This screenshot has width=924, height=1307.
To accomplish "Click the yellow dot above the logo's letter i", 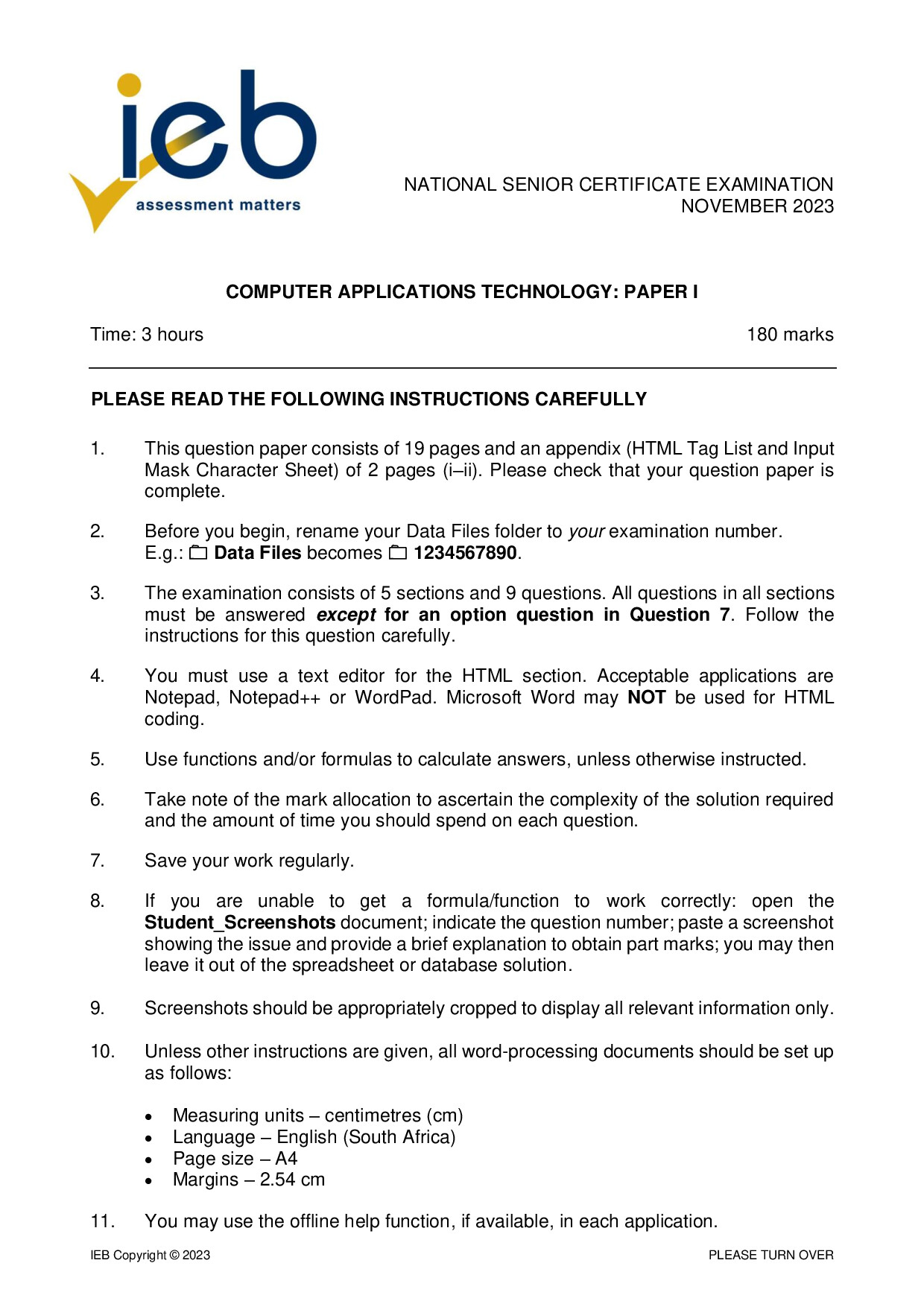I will click(x=129, y=84).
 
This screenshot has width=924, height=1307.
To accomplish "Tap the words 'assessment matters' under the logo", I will click(x=218, y=205).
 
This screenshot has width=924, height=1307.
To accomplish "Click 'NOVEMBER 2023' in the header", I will click(x=757, y=206).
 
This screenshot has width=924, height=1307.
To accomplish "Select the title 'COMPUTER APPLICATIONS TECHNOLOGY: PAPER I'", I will click(x=462, y=292).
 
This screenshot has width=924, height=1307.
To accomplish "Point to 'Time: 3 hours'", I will click(x=147, y=335).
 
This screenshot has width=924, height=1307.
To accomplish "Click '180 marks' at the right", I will click(x=790, y=335).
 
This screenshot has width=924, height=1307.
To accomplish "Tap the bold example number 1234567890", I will click(x=465, y=553).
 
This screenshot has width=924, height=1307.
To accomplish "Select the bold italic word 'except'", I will click(x=346, y=615).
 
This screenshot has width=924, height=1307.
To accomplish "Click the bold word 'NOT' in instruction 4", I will click(x=646, y=697).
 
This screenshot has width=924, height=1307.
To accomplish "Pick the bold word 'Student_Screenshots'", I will click(x=240, y=923).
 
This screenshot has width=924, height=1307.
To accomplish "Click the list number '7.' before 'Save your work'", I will click(x=98, y=861).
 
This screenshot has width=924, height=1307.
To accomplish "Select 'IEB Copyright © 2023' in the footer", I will click(x=151, y=1255).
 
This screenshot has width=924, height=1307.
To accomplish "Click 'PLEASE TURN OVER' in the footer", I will click(x=770, y=1255).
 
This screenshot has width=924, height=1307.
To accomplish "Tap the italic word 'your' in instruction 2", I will click(x=586, y=531).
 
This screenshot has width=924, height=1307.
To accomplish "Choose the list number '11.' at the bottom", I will click(x=102, y=1221).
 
